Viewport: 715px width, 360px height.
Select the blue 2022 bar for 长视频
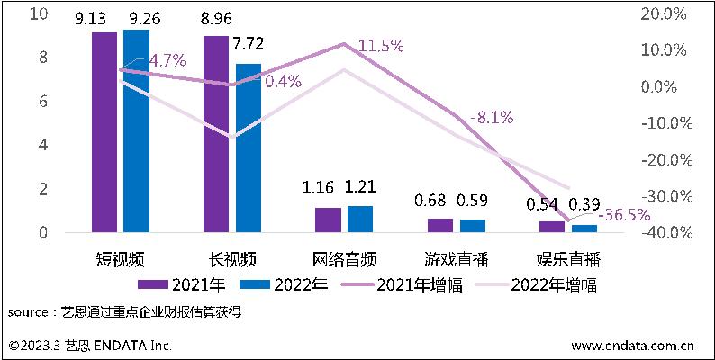point(248,148)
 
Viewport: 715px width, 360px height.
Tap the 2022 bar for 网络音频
point(359,220)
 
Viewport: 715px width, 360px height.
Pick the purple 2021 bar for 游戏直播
point(440,226)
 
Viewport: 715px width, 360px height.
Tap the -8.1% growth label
point(492,117)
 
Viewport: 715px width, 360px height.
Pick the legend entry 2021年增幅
point(422,284)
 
